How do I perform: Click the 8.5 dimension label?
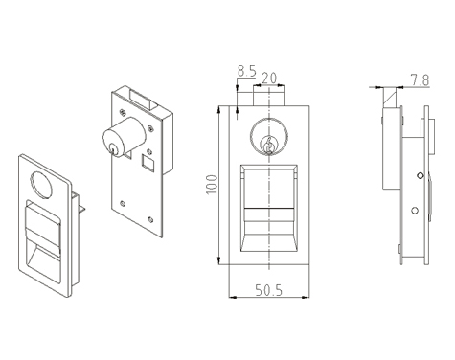(x=246, y=71)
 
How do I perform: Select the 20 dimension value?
(x=269, y=79)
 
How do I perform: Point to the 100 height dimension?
(x=212, y=184)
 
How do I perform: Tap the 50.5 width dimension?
(x=269, y=290)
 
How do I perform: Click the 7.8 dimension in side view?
(x=420, y=79)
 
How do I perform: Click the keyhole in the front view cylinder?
(x=269, y=146)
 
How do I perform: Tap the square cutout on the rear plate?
(x=148, y=162)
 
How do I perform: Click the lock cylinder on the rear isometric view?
(x=124, y=137)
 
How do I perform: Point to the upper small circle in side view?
(x=421, y=175)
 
